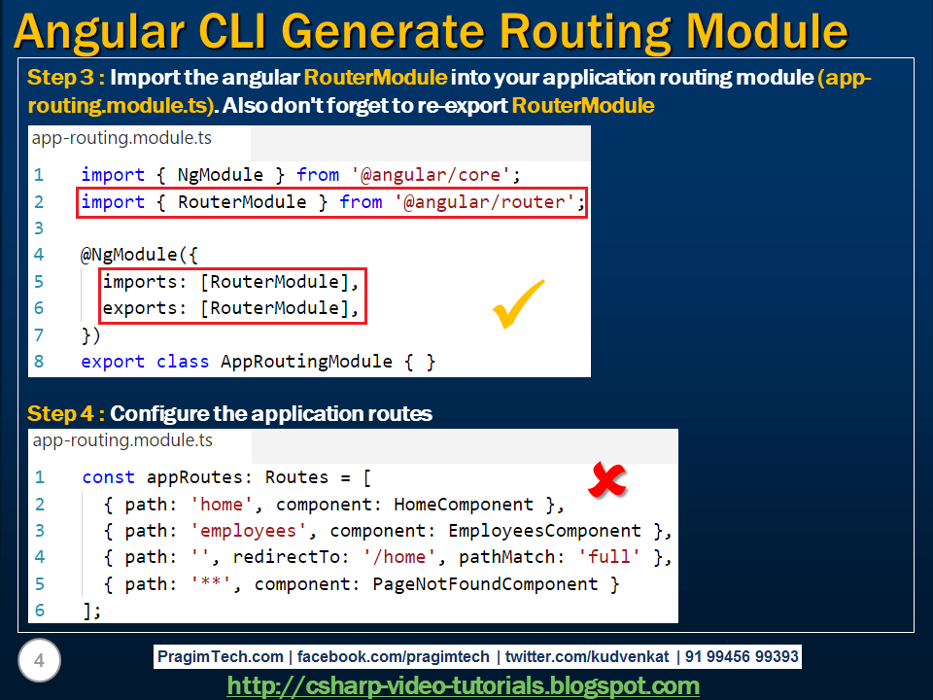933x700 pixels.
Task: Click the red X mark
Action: point(606,479)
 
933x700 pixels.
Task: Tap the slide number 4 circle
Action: point(39,660)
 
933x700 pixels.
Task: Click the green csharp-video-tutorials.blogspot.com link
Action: point(463,685)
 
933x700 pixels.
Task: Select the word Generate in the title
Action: point(383,31)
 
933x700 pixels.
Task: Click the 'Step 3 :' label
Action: point(66,78)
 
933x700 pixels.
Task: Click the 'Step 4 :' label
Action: point(66,414)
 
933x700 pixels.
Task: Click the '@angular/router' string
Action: point(484,202)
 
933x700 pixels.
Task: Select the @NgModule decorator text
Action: point(128,255)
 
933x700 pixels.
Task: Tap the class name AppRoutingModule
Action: point(306,362)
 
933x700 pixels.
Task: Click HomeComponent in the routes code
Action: point(463,505)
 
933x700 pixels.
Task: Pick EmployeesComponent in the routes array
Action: point(544,531)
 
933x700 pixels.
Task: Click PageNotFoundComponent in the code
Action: point(485,584)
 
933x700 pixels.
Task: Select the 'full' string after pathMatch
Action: point(608,556)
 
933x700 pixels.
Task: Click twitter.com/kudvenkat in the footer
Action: point(587,656)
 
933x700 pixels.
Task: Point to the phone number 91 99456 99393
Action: point(742,656)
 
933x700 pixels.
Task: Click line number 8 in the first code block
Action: point(39,362)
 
